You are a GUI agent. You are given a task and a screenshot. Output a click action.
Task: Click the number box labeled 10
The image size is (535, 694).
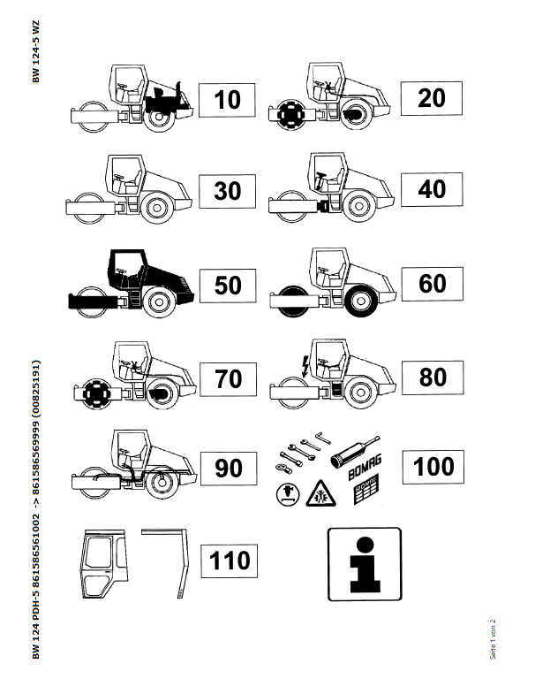[x=227, y=100]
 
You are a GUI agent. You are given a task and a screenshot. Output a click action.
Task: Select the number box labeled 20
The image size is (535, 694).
[x=432, y=98]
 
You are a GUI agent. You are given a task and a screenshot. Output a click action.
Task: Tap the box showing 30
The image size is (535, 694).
[x=227, y=191]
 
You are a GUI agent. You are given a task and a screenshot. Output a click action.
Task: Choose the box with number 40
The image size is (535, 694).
[x=432, y=189]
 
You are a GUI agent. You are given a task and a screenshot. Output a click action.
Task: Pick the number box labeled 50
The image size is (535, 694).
[x=228, y=286]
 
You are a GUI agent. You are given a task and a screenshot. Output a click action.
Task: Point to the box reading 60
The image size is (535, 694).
[x=433, y=284]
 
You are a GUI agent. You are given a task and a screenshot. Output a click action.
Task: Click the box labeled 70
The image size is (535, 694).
[x=228, y=379]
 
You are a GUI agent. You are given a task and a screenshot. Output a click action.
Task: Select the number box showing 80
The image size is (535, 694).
[x=433, y=378]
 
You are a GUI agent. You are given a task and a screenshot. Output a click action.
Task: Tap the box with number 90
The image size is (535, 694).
[x=229, y=469]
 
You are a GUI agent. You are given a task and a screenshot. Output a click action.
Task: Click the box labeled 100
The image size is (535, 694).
[x=433, y=467]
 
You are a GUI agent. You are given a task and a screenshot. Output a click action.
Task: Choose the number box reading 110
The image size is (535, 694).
[x=229, y=561]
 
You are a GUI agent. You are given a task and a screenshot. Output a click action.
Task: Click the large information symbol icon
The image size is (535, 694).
[x=365, y=564]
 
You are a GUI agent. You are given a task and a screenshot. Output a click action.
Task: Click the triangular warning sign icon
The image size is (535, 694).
[x=320, y=494]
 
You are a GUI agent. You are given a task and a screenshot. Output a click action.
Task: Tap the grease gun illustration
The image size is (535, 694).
[x=355, y=453]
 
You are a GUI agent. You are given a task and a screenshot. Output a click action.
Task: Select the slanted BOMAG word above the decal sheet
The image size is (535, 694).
[x=365, y=468]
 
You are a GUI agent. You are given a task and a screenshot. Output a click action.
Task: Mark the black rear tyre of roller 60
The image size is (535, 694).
[x=361, y=301]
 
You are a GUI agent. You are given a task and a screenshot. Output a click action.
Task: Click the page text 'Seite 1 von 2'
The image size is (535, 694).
[x=493, y=639]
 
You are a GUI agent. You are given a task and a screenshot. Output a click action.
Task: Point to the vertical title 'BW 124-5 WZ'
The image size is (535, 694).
[x=36, y=51]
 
